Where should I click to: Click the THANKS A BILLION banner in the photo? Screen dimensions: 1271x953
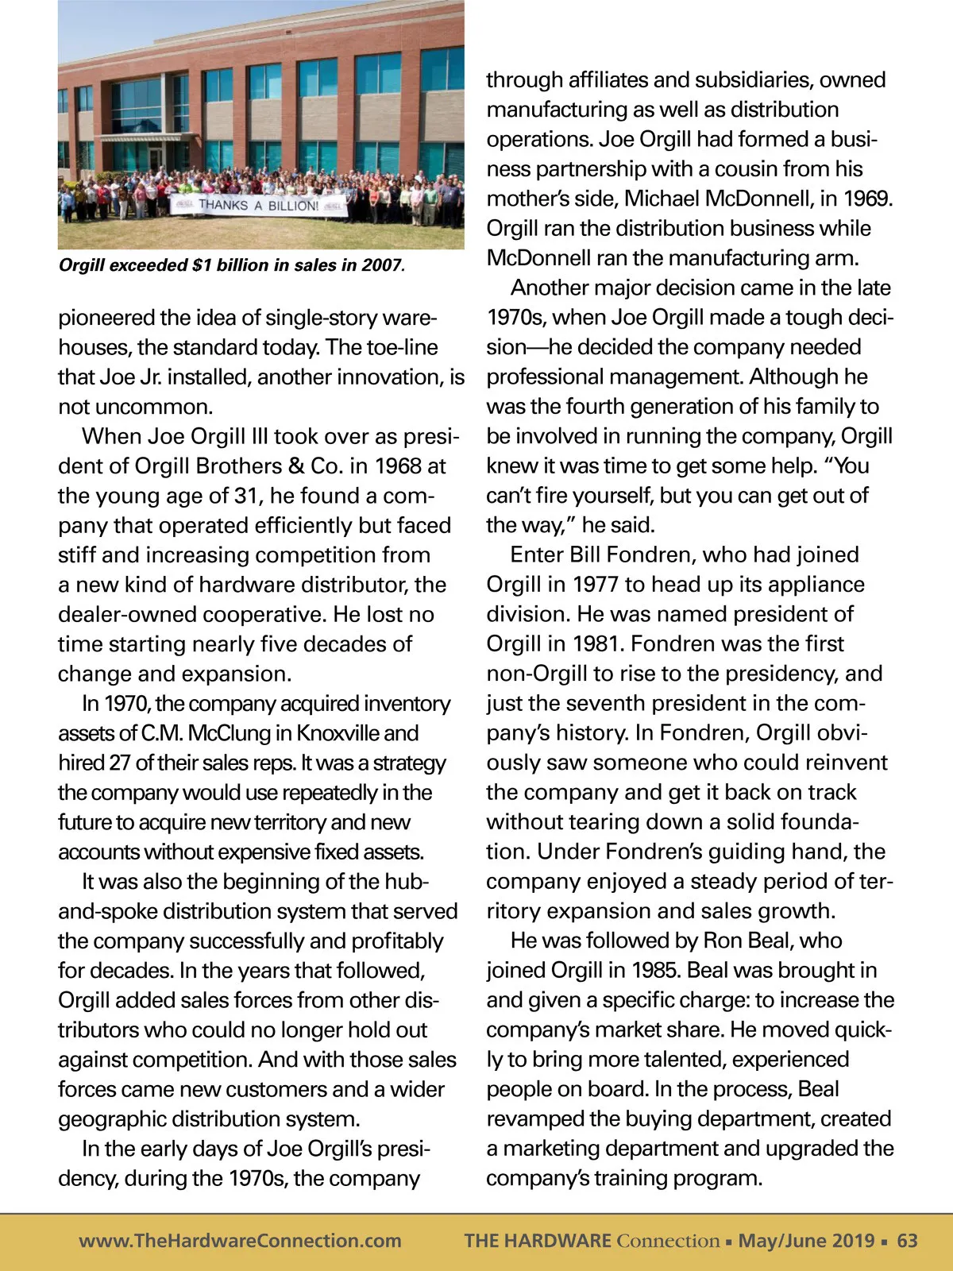pos(258,206)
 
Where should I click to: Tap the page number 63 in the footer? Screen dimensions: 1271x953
pos(907,1241)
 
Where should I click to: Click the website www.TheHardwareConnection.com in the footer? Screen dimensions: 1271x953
pos(240,1241)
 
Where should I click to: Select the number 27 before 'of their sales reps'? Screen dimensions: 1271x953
pos(119,763)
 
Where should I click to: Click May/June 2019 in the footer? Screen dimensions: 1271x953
pos(806,1241)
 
